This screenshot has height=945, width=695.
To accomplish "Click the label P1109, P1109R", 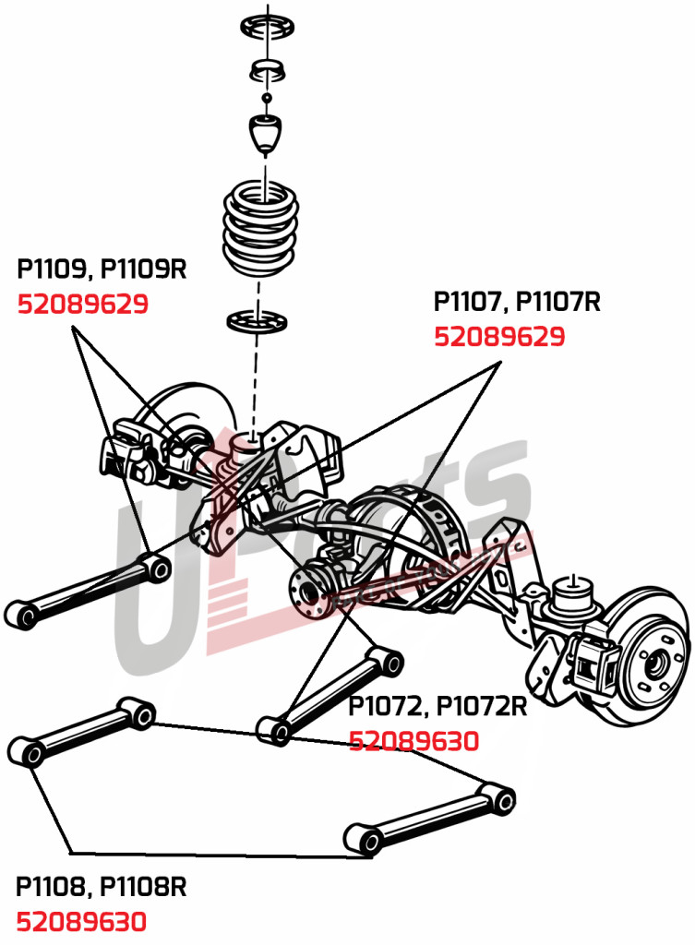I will click(102, 269).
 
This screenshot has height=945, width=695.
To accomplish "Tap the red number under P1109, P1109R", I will click(83, 304).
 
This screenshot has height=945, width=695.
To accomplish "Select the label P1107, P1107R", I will click(517, 302).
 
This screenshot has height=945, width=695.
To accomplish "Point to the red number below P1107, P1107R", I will click(499, 337).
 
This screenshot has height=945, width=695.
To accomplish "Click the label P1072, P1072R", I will click(437, 707).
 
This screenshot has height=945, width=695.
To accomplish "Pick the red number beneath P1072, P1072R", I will click(413, 741).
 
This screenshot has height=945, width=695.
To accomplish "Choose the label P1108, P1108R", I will click(102, 887).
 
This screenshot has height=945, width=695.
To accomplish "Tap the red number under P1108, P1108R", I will click(82, 921).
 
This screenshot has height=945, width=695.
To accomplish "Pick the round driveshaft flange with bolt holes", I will click(312, 591).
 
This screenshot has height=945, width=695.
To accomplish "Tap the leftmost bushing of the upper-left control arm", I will click(21, 613).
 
